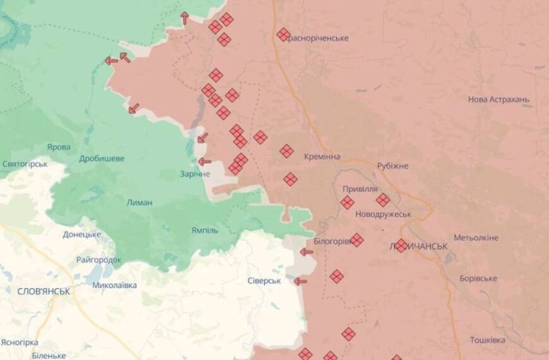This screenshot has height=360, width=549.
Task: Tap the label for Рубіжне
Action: pos(393,165)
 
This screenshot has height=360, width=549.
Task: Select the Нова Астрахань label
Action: pos(499,100)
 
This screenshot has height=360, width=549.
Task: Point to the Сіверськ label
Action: pos(263,280)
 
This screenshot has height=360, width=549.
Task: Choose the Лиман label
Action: pos(139,203)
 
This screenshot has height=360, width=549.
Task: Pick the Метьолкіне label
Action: pos(476,237)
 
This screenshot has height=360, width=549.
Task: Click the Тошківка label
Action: pos(487,340)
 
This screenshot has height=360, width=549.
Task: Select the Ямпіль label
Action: pos(204,231)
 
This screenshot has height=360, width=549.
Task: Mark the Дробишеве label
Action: pos(102,159)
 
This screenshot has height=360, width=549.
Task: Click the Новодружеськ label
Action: pos(382,214)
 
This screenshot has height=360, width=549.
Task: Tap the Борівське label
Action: pos(478,279)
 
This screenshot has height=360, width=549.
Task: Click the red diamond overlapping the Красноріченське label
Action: pos(283,35)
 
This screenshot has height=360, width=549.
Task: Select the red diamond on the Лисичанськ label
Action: pos(401,246)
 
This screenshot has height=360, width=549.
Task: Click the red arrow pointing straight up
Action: pos(184,18)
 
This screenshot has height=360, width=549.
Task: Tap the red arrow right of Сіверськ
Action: pos(300,281)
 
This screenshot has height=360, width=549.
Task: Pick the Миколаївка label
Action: pos(114,285)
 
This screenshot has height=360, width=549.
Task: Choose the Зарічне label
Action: pos(194,174)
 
